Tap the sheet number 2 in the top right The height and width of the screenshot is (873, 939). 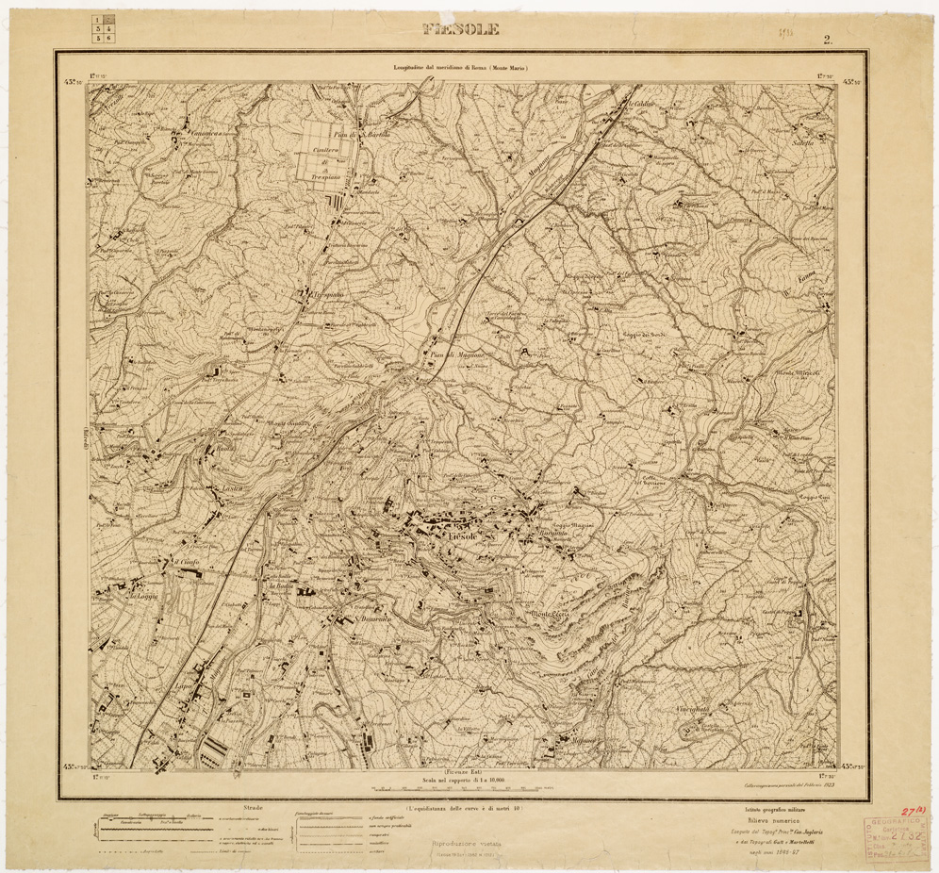click(x=827, y=40)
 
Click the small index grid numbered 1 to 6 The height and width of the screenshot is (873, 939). click(x=105, y=31)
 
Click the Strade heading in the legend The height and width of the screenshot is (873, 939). click(x=252, y=808)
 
